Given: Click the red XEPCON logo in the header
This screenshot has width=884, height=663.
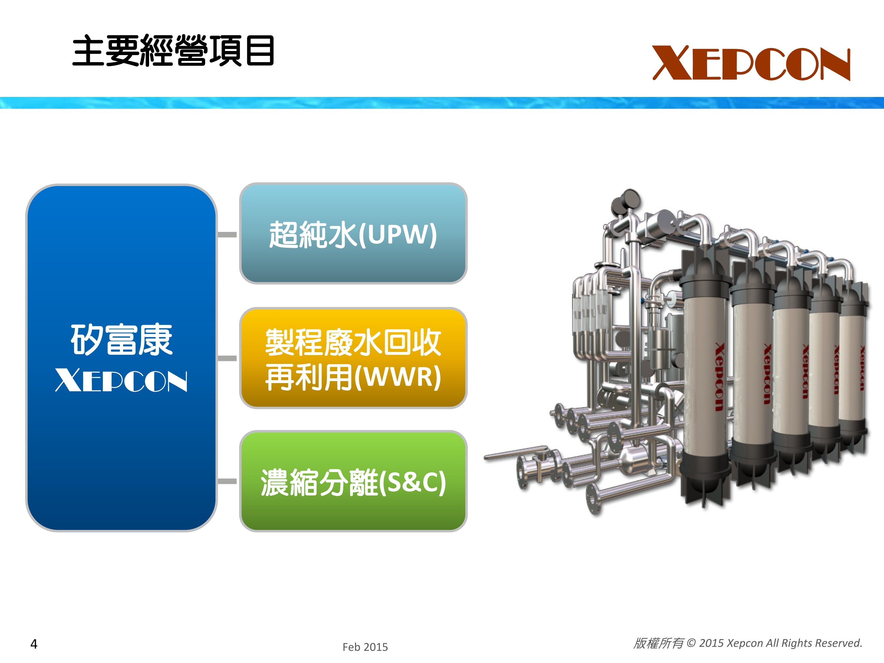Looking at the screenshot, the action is click(x=751, y=63).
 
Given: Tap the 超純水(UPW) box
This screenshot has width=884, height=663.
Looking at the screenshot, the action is click(x=353, y=233).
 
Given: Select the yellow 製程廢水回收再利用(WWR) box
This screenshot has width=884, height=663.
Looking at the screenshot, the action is click(x=353, y=358).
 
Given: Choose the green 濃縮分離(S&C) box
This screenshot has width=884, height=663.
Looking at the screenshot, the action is click(x=353, y=481).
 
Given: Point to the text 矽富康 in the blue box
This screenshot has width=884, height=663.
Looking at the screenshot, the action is click(x=121, y=340).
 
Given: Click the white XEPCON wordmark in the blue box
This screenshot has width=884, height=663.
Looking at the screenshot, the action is click(x=121, y=380).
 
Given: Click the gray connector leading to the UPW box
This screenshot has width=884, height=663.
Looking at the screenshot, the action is click(x=227, y=235).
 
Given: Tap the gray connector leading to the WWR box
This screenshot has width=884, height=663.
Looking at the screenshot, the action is click(x=227, y=359).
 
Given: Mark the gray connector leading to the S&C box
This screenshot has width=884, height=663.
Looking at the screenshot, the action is click(x=227, y=481).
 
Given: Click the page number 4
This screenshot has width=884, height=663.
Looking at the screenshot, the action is click(x=34, y=644).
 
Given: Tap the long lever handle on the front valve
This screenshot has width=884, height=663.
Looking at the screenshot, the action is click(x=516, y=453).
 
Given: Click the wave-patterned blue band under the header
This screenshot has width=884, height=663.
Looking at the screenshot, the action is click(x=442, y=103).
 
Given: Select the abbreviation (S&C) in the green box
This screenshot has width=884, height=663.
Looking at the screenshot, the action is click(x=413, y=482).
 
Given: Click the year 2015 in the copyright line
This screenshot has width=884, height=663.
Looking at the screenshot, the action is click(x=711, y=643).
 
